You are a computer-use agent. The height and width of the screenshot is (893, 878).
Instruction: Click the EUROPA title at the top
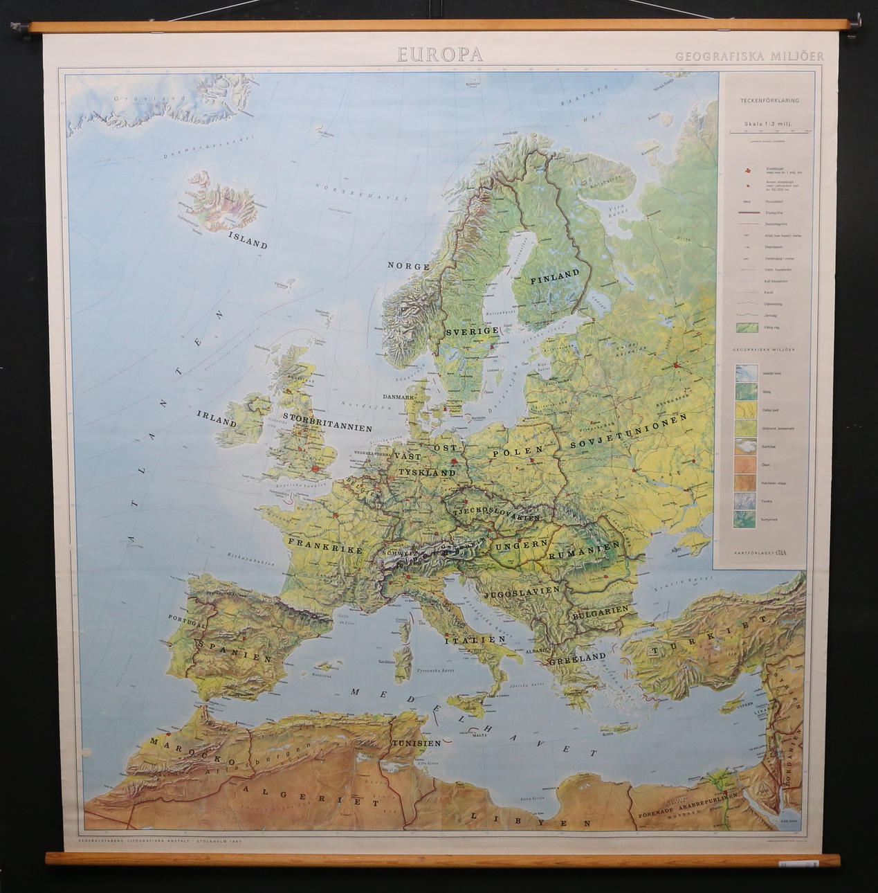pos(439,55)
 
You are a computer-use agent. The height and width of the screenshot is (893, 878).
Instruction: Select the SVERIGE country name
pos(472,332)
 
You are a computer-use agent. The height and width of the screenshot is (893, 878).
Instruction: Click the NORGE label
pos(408,266)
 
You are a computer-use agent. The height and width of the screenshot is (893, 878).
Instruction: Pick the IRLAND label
pos(217,418)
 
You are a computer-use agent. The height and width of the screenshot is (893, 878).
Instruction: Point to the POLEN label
pos(517,453)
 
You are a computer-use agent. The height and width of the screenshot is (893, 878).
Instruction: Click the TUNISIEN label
pos(416,743)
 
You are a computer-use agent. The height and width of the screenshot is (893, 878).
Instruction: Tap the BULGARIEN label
pos(600,611)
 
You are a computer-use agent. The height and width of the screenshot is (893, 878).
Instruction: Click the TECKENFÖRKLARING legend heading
pos(769,100)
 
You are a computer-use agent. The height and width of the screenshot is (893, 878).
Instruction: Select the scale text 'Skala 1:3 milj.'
pos(767,125)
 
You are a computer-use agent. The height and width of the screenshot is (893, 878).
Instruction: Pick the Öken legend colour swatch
pos(744,464)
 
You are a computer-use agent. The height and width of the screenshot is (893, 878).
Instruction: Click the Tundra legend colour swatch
pos(744,500)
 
